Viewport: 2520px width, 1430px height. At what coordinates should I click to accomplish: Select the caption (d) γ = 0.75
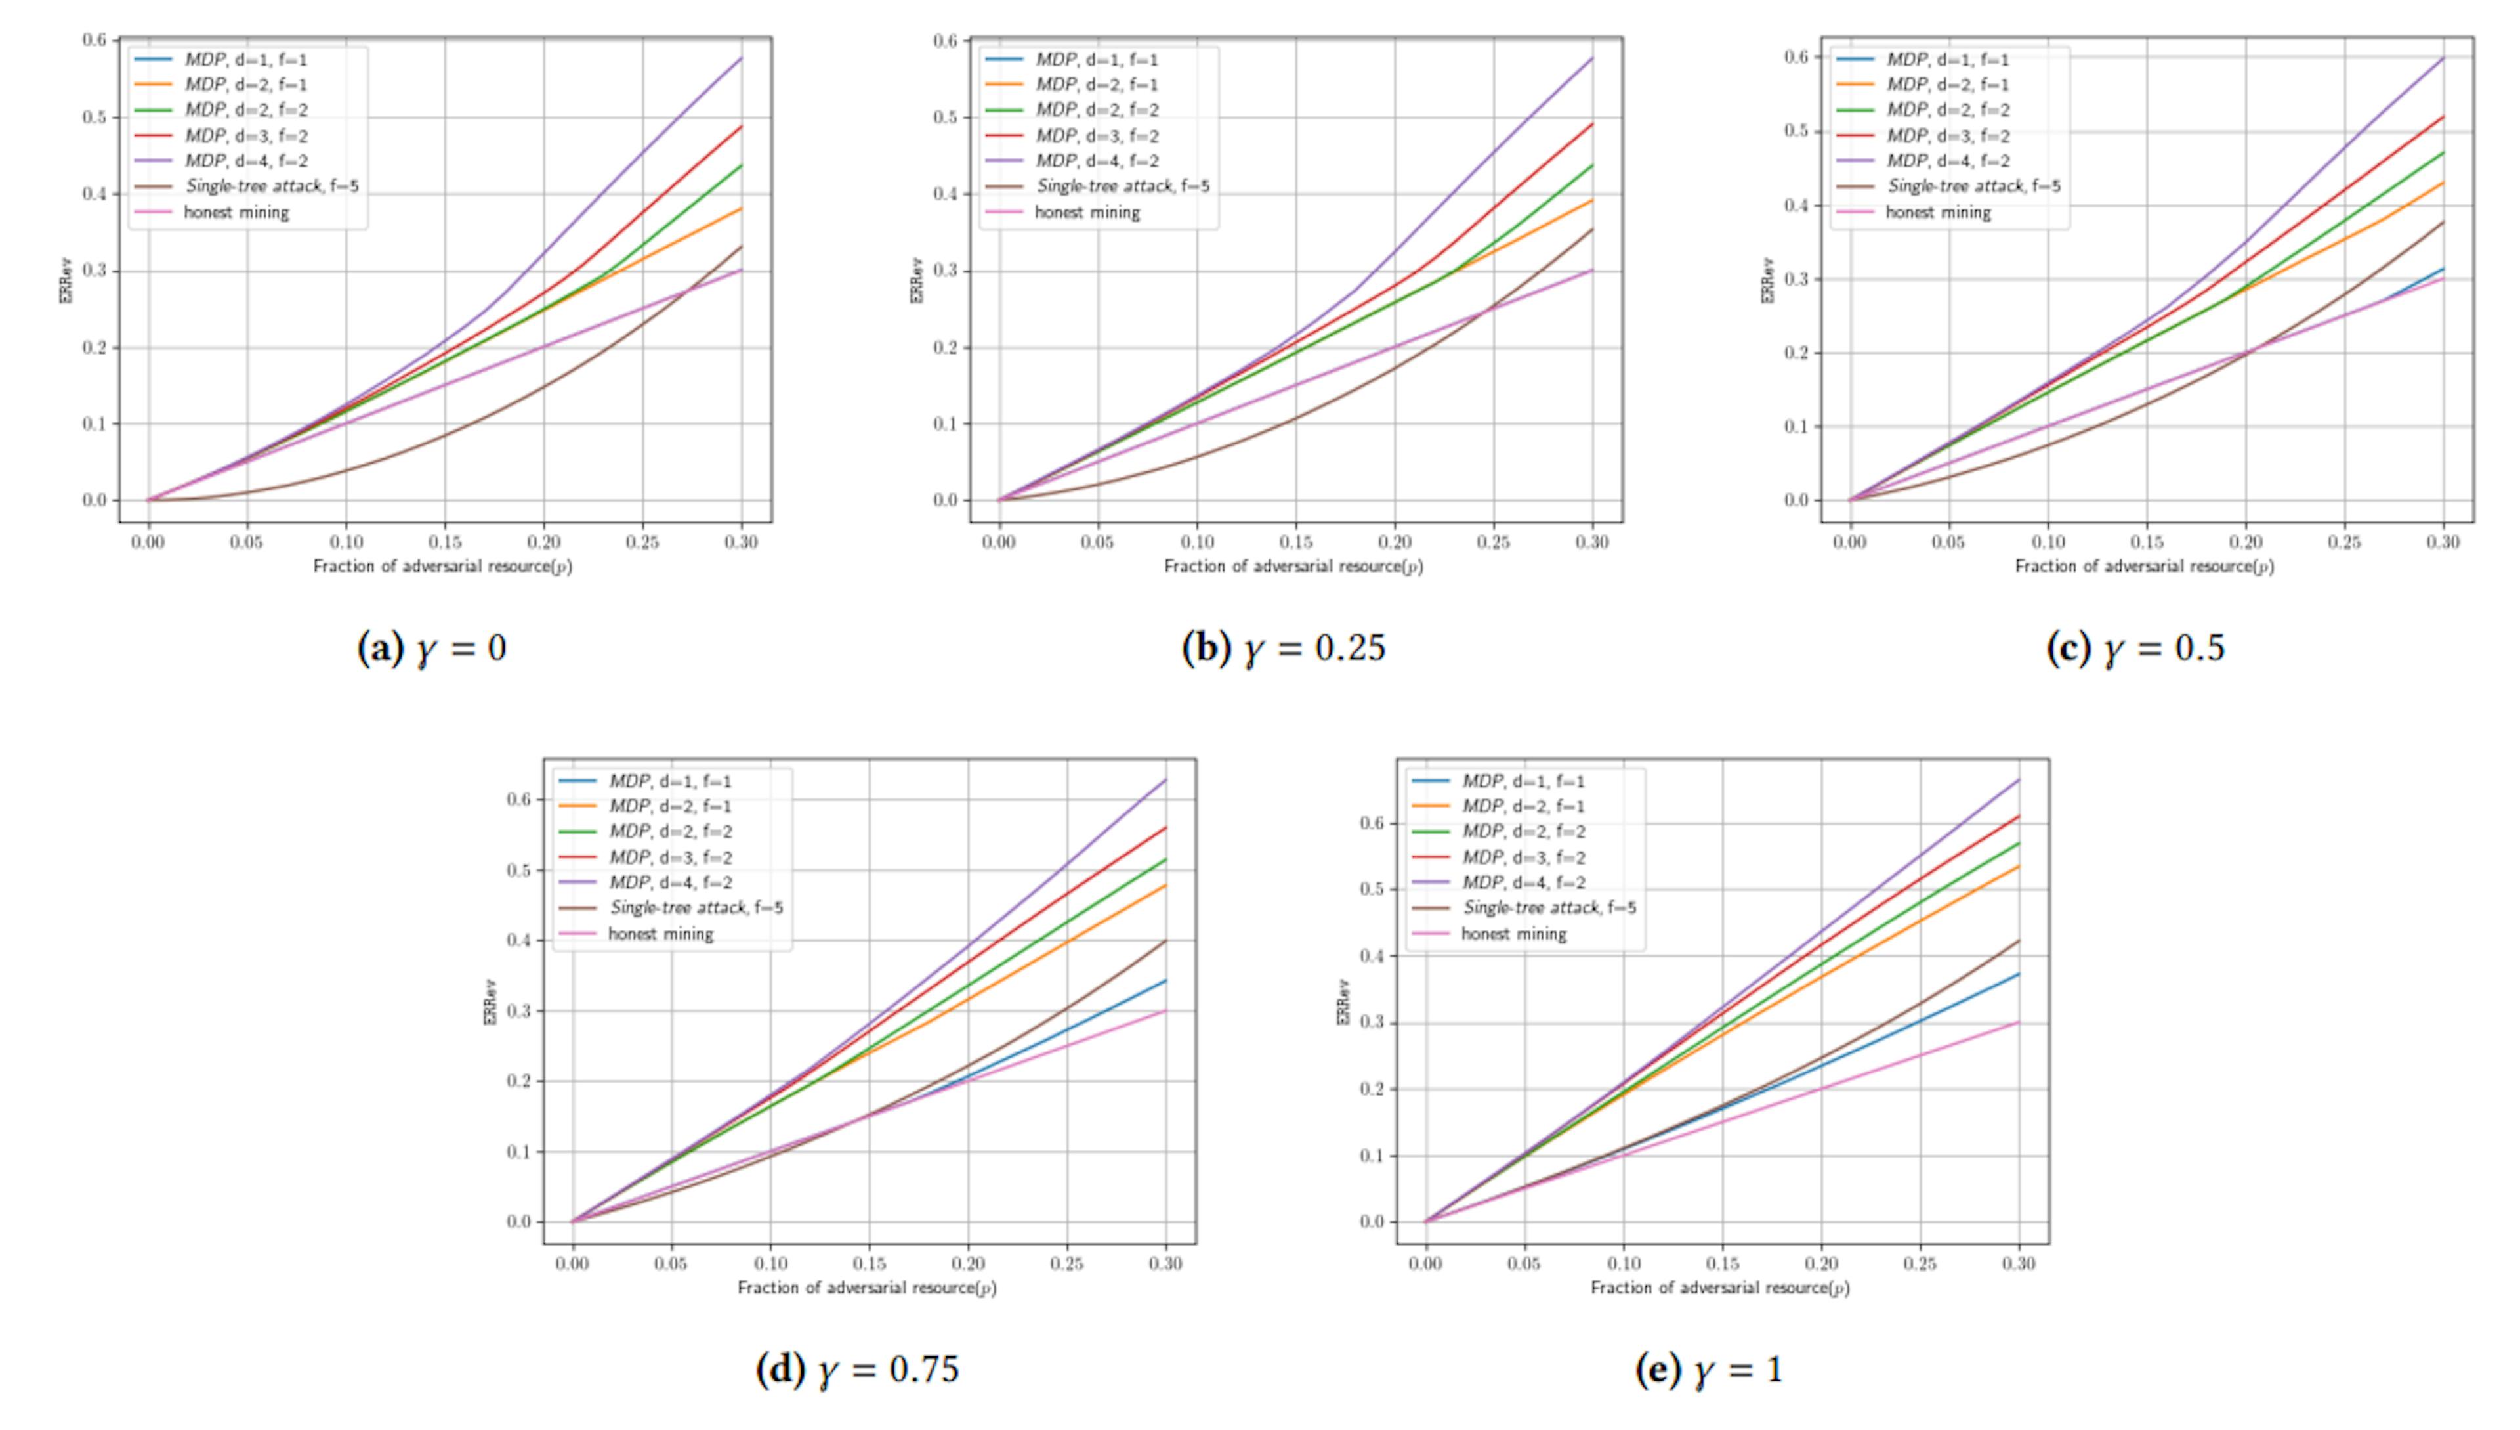coord(857,1369)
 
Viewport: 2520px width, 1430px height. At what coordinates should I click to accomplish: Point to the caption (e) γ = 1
coord(1709,1369)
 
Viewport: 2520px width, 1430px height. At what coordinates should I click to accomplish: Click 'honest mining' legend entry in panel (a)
coord(236,212)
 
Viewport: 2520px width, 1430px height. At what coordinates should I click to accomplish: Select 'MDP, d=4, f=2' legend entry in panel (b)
coord(1097,161)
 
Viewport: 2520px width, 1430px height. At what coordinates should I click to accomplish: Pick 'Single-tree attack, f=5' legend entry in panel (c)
coord(1973,186)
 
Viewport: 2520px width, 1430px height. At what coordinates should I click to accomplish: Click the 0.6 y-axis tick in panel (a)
coord(94,40)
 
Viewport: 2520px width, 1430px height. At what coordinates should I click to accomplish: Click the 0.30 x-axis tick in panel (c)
coord(2443,542)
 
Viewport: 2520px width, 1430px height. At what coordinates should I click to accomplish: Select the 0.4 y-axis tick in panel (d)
coord(519,941)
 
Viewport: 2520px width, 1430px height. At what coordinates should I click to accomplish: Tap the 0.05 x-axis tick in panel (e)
coord(1524,1264)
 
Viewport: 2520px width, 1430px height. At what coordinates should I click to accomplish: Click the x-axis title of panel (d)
coord(867,1288)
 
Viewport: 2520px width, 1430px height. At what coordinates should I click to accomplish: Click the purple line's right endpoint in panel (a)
coord(741,59)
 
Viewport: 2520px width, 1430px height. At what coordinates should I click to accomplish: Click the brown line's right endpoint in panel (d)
coord(1166,941)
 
